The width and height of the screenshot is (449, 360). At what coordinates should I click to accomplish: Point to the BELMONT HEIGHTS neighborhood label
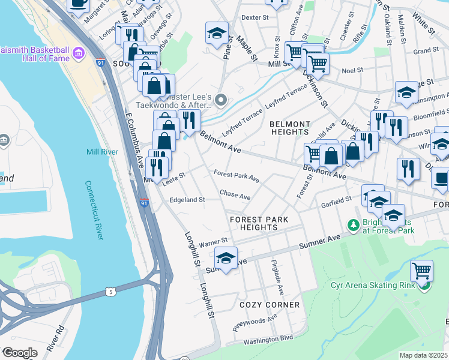pyautogui.click(x=289, y=127)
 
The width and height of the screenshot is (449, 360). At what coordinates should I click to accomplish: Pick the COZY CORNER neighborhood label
pyautogui.click(x=270, y=305)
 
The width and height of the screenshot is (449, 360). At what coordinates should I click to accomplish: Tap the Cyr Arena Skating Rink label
pyautogui.click(x=372, y=284)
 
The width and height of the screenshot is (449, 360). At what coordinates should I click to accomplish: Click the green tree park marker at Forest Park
pyautogui.click(x=354, y=225)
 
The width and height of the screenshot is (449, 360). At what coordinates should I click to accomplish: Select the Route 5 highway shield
pyautogui.click(x=110, y=292)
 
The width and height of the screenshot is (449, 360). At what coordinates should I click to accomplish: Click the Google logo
pyautogui.click(x=20, y=353)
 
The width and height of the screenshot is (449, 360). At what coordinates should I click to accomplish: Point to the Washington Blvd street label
pyautogui.click(x=267, y=340)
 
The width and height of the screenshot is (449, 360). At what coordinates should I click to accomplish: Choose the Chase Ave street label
pyautogui.click(x=235, y=195)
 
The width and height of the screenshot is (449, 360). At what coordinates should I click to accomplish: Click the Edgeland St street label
pyautogui.click(x=187, y=200)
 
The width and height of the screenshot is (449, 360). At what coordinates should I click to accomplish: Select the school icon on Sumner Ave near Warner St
pyautogui.click(x=226, y=259)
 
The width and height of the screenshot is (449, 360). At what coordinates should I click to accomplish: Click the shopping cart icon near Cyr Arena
pyautogui.click(x=421, y=271)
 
